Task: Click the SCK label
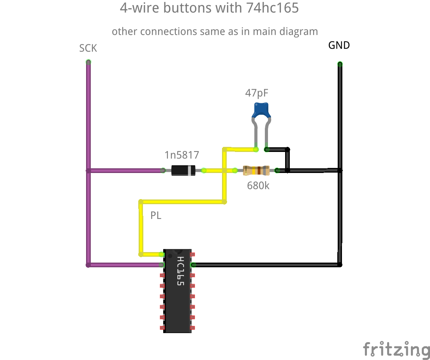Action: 88,48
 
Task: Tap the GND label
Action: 339,45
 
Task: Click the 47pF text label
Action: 257,93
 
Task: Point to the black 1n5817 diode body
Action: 183,170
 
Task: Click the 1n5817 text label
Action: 182,155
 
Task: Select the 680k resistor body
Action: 256,170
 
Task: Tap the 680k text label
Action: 258,186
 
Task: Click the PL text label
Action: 156,215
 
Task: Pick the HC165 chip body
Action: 178,296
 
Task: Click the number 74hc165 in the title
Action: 272,8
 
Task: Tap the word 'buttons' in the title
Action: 186,8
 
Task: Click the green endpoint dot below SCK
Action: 88,62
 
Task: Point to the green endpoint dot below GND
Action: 340,64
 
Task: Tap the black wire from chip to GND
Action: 265,265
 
